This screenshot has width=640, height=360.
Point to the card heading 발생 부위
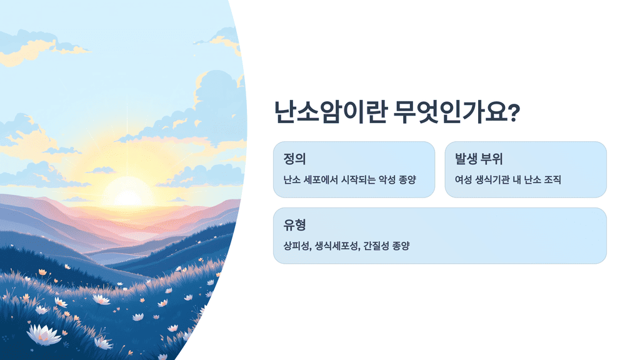pos(479,158)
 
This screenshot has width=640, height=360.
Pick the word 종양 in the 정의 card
pos(406,180)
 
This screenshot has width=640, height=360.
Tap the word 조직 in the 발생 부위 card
pos(552,180)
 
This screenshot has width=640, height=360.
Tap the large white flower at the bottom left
pos(45,335)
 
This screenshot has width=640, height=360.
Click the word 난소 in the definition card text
pos(292,180)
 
